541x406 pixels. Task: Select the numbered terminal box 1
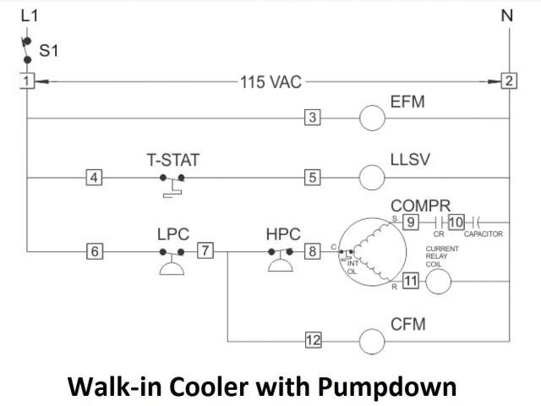(27, 81)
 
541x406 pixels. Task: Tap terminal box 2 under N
(509, 81)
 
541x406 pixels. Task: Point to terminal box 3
(312, 118)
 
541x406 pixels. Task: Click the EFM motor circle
(373, 118)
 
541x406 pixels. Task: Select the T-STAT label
(173, 158)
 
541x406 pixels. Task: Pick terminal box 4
(95, 178)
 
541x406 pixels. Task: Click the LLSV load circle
(373, 178)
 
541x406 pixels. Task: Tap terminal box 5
(312, 178)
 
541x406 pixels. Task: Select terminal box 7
(205, 250)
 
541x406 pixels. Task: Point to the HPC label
(283, 231)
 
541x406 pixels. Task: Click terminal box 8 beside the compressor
(312, 250)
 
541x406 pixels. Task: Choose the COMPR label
(421, 206)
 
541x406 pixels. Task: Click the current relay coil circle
(438, 283)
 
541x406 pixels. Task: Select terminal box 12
(313, 341)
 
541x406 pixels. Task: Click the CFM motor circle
(373, 341)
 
